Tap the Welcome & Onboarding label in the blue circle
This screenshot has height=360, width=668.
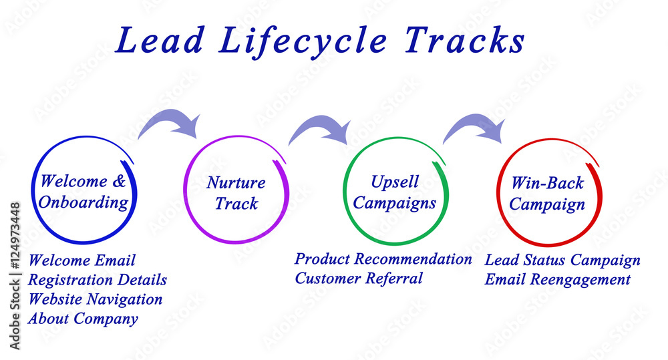83,192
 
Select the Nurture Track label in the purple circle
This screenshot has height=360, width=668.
236,193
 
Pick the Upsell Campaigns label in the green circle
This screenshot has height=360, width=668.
394,192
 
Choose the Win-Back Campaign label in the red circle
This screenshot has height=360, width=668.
547,194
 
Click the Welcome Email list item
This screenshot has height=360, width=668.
82,260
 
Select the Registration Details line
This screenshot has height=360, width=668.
98,280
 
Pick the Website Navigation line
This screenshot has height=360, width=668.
96,299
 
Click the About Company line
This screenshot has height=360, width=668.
83,319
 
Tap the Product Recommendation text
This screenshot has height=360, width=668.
383,259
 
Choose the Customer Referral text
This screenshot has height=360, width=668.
359,279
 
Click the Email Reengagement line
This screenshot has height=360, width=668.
557,280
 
